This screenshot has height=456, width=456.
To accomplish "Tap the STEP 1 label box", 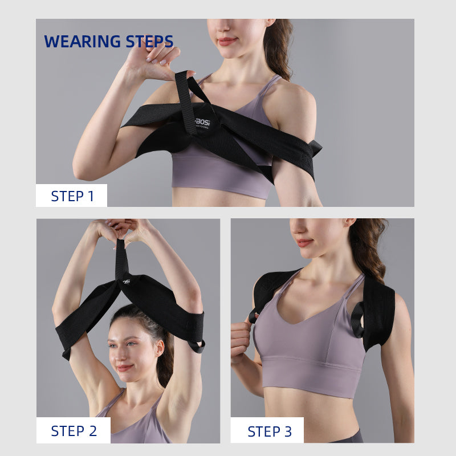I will pos(71,196).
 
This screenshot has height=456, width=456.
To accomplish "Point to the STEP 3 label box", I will pos(267,431).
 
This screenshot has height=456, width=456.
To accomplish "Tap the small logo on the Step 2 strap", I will pos(126,281).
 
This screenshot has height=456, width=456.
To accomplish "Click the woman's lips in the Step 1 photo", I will pos(226,41).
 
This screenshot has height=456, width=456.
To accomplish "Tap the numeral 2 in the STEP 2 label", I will pos(92,431).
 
